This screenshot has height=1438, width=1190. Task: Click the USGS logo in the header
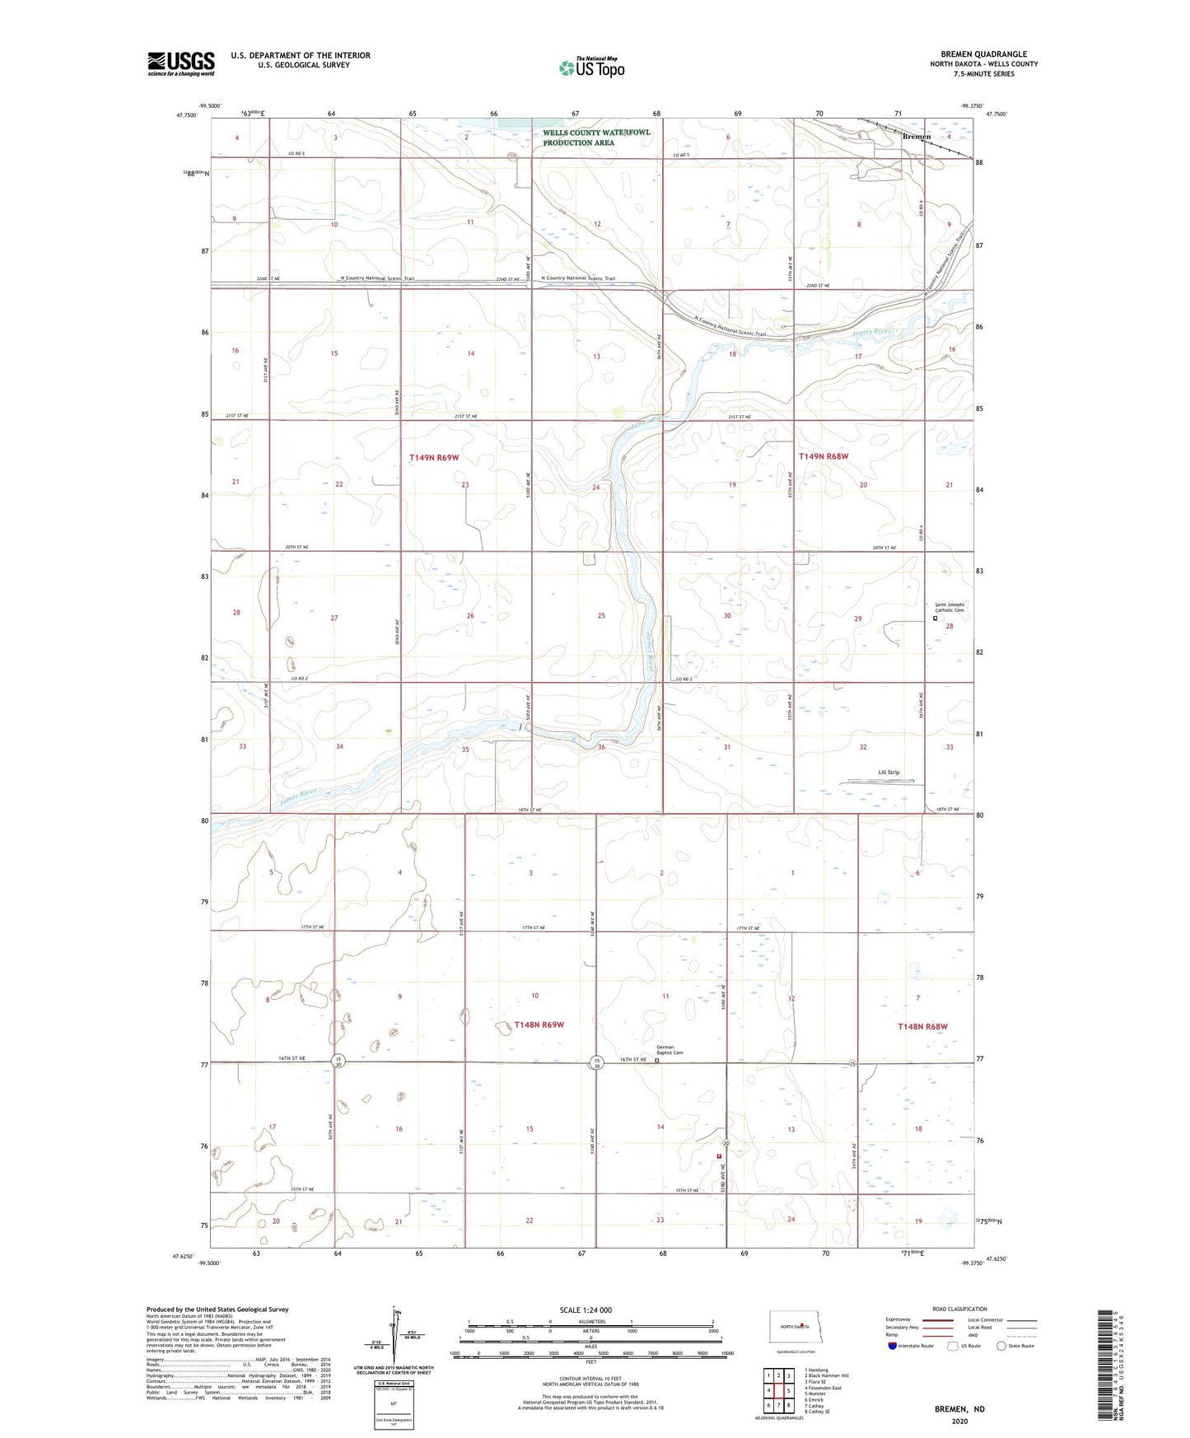[181, 63]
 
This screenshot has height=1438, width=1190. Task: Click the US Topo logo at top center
[591, 68]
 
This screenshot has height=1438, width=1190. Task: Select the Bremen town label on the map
[916, 137]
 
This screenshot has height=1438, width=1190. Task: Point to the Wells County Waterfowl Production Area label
[596, 138]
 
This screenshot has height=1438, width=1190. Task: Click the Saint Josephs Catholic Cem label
[949, 607]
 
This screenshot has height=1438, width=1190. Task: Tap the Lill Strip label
[889, 773]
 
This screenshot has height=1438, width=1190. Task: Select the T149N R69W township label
[434, 456]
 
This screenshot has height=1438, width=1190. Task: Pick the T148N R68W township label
[922, 1026]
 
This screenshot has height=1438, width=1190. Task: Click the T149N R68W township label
[823, 456]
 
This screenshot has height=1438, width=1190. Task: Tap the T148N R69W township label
[539, 1025]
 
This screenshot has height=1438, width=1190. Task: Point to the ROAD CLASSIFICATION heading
[959, 1309]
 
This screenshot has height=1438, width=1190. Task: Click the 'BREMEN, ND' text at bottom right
[959, 1408]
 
